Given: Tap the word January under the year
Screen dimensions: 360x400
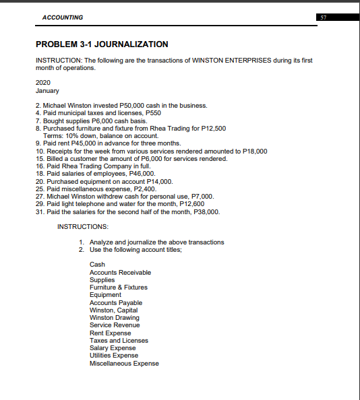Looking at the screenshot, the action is coord(47,90).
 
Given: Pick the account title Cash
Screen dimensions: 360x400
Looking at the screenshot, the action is coord(97,265).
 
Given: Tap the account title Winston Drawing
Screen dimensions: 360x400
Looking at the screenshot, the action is coord(115,318).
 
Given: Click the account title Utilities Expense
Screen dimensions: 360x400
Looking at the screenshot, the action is coord(114,356).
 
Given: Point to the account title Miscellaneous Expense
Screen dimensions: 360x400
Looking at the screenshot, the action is coord(124,364).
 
